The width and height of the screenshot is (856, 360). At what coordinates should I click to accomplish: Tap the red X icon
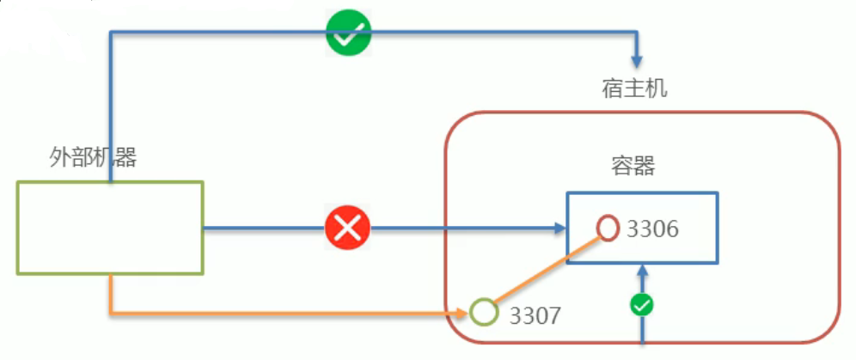pos(348,229)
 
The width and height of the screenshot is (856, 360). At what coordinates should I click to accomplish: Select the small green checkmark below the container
pos(641,304)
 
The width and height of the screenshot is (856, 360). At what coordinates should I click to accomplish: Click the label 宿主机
pos(634,88)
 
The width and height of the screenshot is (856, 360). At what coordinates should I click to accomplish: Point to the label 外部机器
pos(93,158)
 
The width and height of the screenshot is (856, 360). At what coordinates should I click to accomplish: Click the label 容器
pos(634,166)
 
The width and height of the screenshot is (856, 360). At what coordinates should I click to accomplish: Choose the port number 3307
pos(535,315)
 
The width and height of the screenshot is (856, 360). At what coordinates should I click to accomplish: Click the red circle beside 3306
pos(608,228)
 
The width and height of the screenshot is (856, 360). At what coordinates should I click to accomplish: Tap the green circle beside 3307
pos(485,311)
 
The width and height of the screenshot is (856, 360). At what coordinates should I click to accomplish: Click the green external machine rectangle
pos(110,227)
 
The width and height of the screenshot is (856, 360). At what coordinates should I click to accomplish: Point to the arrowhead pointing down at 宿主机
pos(638,62)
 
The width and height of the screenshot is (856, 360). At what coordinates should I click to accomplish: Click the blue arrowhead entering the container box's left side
pos(559,229)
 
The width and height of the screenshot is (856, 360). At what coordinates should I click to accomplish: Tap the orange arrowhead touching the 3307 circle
pos(464,311)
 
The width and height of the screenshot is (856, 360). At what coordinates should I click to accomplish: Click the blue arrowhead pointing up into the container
pos(641,270)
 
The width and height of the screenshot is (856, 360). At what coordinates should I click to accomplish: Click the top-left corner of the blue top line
pos(111,34)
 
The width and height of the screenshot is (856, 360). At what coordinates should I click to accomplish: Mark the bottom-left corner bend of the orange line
pos(111,311)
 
